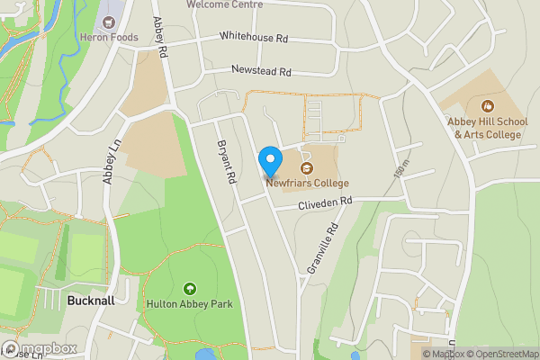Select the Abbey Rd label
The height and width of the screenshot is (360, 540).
pyautogui.click(x=161, y=38)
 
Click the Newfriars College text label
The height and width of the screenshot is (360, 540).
pyautogui.click(x=306, y=184)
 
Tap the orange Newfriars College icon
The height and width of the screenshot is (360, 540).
pyautogui.click(x=306, y=167)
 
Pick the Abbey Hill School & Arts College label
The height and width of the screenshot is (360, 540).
pyautogui.click(x=487, y=128)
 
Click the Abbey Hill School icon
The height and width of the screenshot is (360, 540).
pyautogui.click(x=487, y=105)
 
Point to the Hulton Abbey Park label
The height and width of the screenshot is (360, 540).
pyautogui.click(x=189, y=304)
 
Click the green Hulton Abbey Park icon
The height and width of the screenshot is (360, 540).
pyautogui.click(x=189, y=288)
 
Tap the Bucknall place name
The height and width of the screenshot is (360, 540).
pyautogui.click(x=91, y=301)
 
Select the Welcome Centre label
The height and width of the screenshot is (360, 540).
pyautogui.click(x=225, y=4)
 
